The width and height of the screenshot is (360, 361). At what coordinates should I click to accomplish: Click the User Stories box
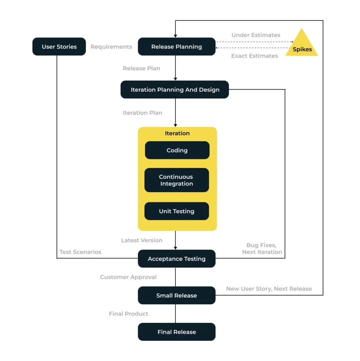pyautogui.click(x=59, y=47)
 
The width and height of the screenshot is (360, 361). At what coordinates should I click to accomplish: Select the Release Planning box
pyautogui.click(x=177, y=47)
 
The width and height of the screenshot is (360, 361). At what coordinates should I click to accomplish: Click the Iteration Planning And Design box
pyautogui.click(x=175, y=90)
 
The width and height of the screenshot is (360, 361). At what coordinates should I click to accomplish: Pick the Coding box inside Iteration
pyautogui.click(x=177, y=150)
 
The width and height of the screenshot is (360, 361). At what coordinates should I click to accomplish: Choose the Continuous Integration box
pyautogui.click(x=177, y=180)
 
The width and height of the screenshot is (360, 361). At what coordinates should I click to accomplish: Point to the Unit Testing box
pyautogui.click(x=177, y=211)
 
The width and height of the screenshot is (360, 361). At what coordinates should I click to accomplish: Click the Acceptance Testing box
pyautogui.click(x=177, y=258)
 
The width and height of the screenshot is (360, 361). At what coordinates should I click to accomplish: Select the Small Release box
pyautogui.click(x=177, y=295)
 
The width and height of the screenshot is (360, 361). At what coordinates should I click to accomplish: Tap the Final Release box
pyautogui.click(x=177, y=332)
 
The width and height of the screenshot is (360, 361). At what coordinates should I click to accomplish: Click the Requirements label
pyautogui.click(x=111, y=47)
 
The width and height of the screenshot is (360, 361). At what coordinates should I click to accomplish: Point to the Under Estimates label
pyautogui.click(x=256, y=35)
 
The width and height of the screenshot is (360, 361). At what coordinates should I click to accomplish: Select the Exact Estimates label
pyautogui.click(x=254, y=56)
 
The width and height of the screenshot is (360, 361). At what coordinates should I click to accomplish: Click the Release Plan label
pyautogui.click(x=142, y=68)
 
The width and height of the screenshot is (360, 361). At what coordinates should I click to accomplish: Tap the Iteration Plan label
pyautogui.click(x=143, y=113)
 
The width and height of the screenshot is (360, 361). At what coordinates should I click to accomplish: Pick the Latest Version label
pyautogui.click(x=142, y=240)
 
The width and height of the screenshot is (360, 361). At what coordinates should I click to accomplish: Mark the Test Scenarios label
pyautogui.click(x=80, y=252)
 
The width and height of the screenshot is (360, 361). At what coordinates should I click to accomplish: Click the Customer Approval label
pyautogui.click(x=128, y=277)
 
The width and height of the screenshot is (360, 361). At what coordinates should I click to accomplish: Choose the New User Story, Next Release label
pyautogui.click(x=269, y=289)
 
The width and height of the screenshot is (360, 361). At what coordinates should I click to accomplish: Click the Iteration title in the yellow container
pyautogui.click(x=177, y=133)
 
